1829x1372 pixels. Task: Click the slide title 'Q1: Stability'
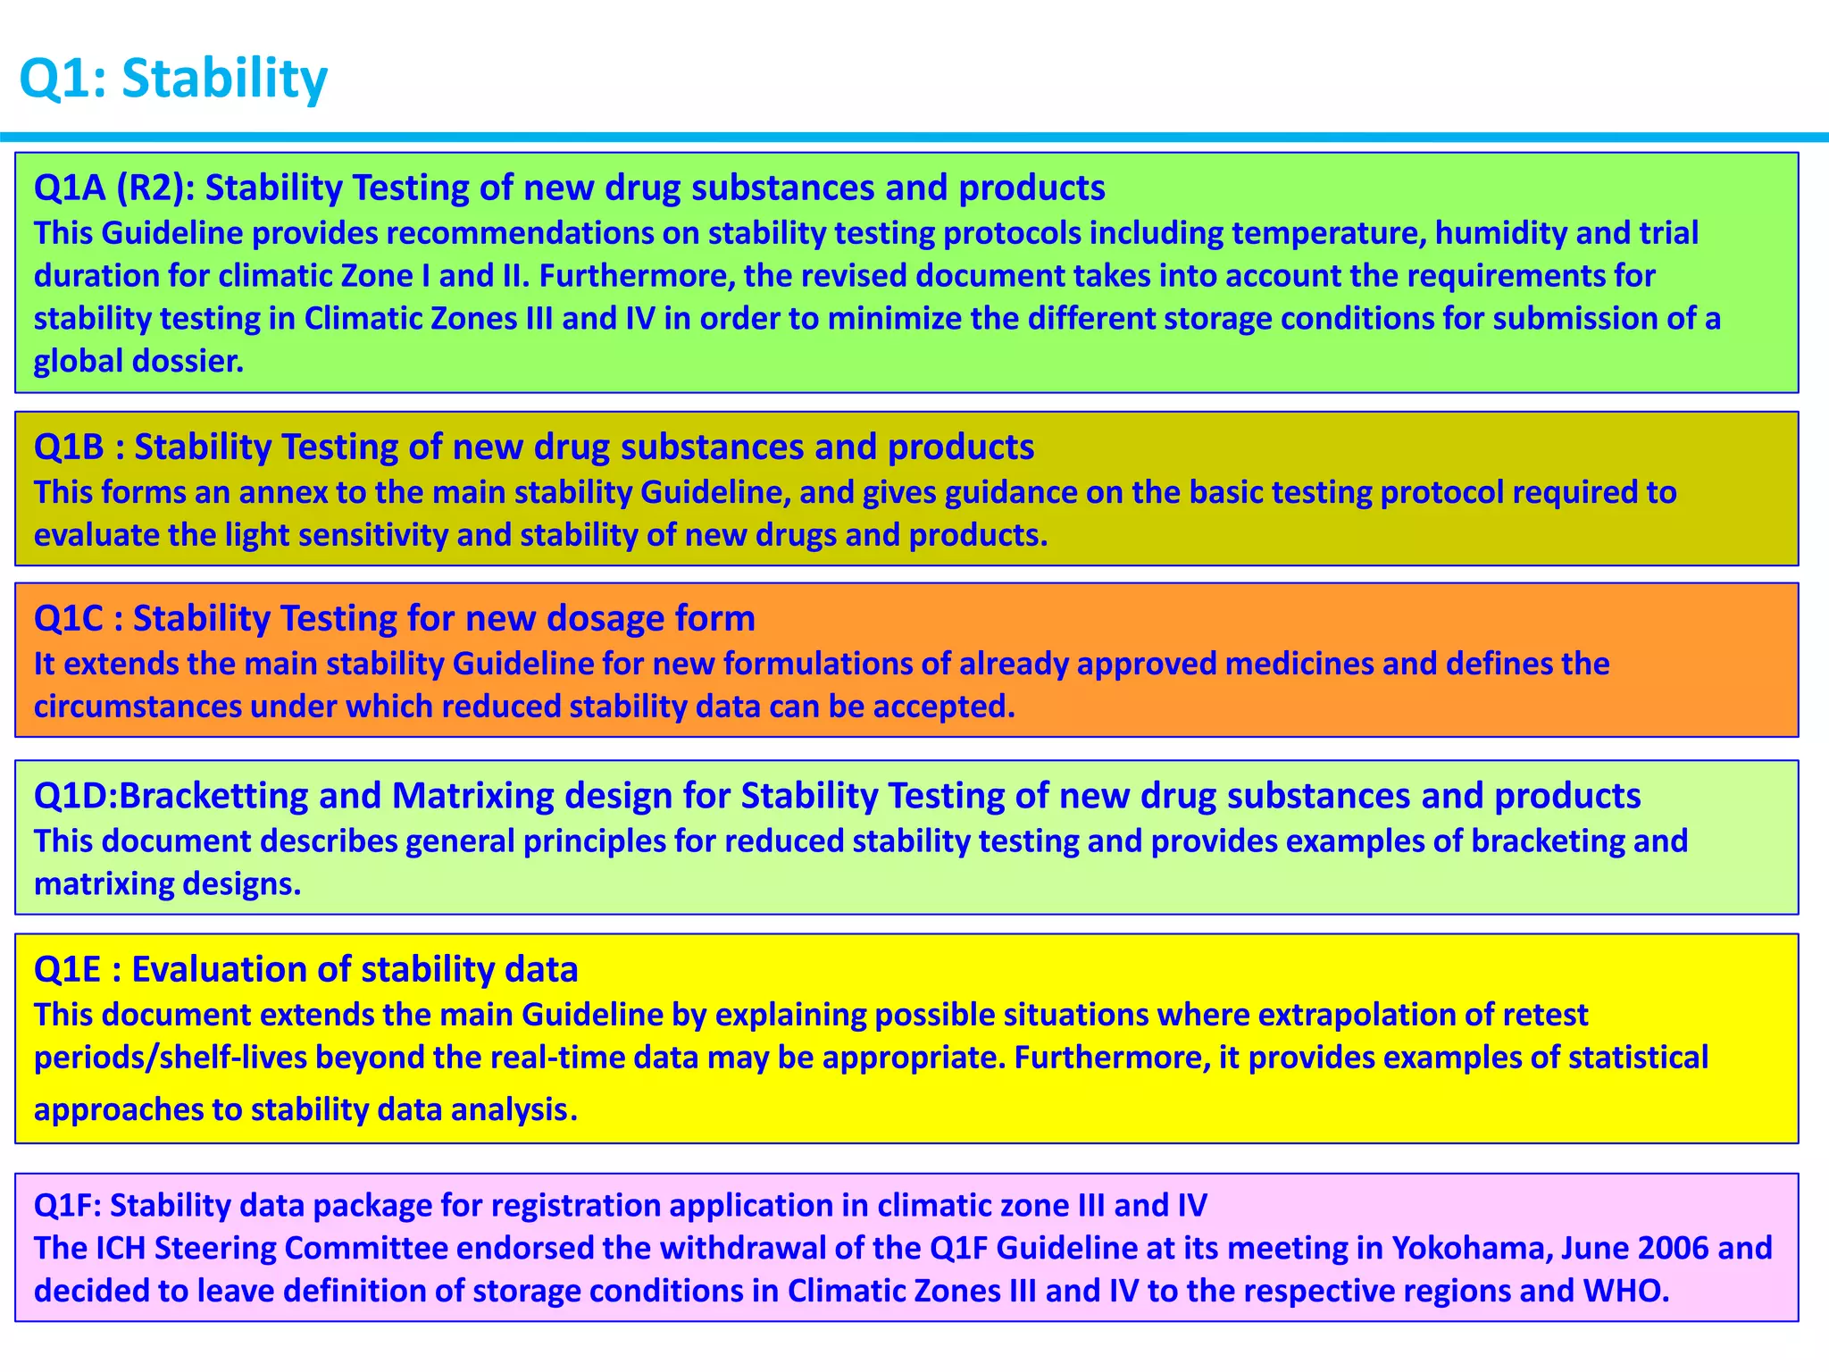[x=173, y=79]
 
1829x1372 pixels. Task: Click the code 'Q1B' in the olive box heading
[x=70, y=447]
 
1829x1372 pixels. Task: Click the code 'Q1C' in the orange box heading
[x=69, y=618]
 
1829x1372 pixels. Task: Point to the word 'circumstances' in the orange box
[x=138, y=707]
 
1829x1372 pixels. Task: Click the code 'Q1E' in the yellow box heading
[x=68, y=969]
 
